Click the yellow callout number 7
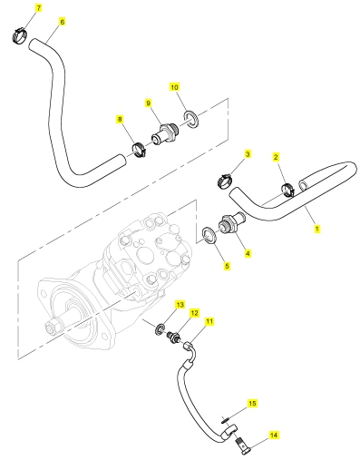pos(38,8)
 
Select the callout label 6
pos(62,22)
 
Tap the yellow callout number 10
pos(174,87)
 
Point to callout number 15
pos(252,403)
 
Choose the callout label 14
pos(273,436)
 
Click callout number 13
pos(180,305)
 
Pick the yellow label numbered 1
pos(316,229)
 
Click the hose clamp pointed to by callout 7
pos(20,35)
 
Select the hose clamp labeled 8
pos(139,151)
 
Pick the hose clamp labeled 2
pos(287,190)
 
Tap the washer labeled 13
pos(161,328)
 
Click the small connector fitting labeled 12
pos(173,337)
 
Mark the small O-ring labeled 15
pos(224,419)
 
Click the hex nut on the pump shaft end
pos(50,327)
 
